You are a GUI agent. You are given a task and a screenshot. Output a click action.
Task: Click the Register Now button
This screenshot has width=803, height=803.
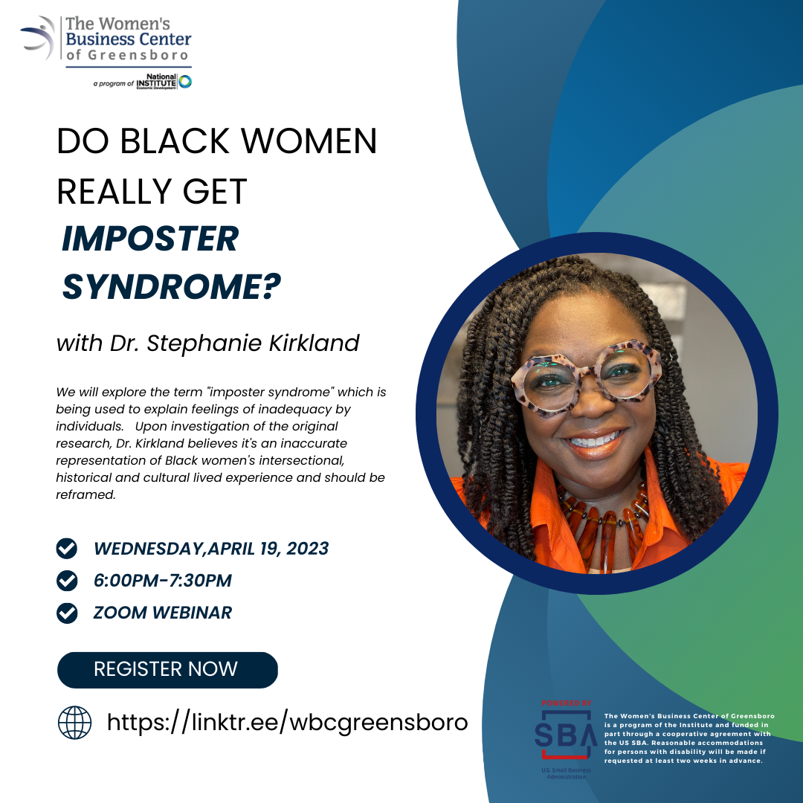point(167,669)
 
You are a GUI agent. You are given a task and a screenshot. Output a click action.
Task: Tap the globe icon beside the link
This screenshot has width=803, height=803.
point(75,723)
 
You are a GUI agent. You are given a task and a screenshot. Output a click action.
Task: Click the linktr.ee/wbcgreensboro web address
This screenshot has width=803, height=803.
point(287,723)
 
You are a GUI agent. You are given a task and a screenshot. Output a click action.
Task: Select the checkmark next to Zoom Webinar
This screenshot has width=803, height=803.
point(67,613)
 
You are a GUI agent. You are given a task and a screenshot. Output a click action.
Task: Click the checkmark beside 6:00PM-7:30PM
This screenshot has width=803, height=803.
point(67,581)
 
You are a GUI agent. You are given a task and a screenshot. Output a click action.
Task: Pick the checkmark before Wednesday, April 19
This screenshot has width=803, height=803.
point(67,549)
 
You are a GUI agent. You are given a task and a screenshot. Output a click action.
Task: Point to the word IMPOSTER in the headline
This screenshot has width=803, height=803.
point(150,239)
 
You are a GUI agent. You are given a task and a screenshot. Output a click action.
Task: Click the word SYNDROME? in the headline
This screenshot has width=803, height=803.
point(172,286)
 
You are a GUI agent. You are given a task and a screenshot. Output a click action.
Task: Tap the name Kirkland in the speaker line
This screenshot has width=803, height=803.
point(315,343)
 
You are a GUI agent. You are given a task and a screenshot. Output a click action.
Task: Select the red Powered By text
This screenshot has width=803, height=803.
point(567,703)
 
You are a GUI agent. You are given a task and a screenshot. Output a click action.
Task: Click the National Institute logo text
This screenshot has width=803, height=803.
point(157,82)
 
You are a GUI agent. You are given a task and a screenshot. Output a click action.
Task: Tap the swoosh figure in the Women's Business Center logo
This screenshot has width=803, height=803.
point(39,37)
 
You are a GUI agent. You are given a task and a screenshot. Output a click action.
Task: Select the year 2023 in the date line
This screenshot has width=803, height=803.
point(307,549)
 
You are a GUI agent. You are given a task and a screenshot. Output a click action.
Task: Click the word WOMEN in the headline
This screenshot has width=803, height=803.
point(309,141)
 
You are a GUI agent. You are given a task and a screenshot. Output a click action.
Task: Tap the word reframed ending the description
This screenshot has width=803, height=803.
point(86,494)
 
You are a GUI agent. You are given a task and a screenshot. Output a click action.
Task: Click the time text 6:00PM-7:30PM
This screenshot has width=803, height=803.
point(162,581)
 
